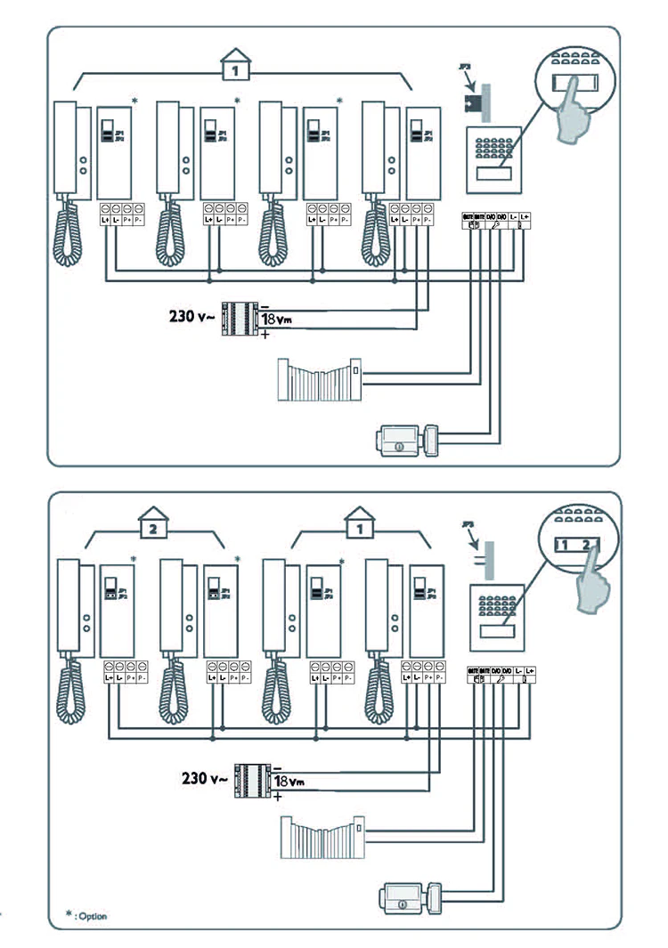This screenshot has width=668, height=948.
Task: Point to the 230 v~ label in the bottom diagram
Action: tap(206, 778)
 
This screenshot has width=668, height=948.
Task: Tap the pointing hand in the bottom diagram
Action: tap(593, 584)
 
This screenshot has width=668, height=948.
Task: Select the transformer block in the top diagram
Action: tap(238, 318)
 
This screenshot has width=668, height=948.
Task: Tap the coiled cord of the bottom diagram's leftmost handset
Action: tap(74, 695)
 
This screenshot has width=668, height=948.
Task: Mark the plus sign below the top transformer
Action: tap(265, 336)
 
